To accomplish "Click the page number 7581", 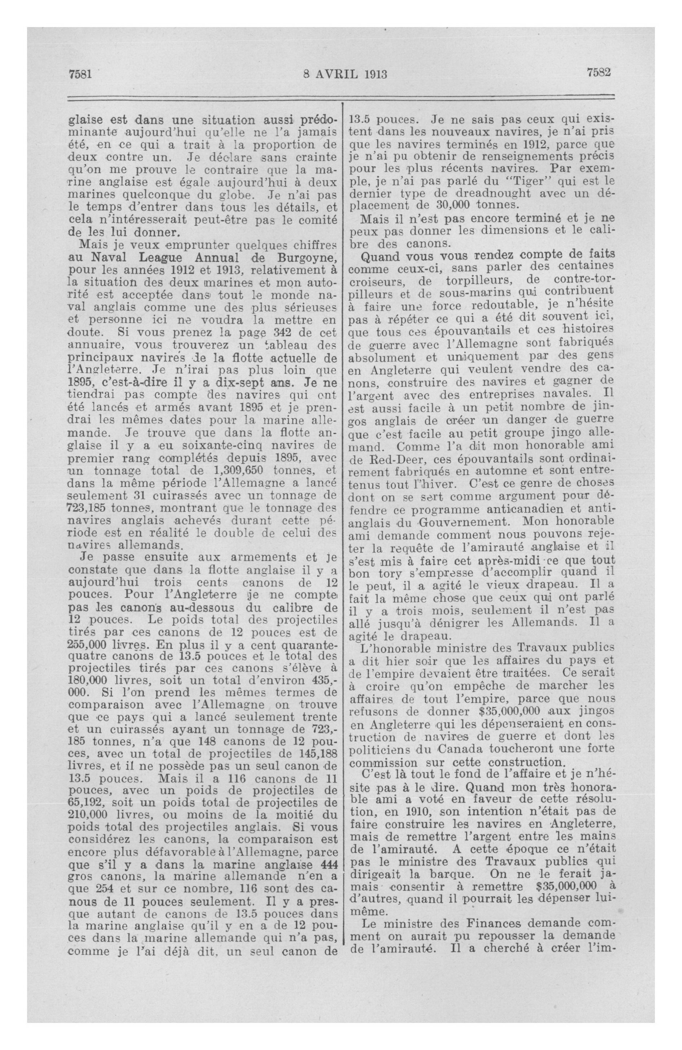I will coord(80,74).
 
